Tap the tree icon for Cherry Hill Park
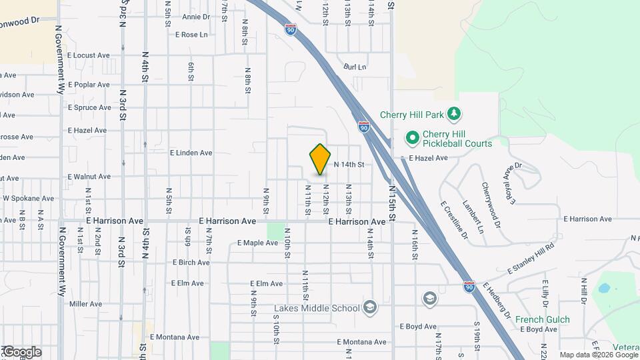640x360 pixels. (454, 114)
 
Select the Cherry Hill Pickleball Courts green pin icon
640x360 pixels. (412, 139)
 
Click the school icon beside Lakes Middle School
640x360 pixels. (370, 307)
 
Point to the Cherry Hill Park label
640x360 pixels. (411, 115)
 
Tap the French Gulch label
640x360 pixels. (542, 319)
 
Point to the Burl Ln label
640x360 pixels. (355, 67)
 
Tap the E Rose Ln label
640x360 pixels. (191, 35)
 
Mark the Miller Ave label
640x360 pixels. (85, 304)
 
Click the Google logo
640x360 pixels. (22, 352)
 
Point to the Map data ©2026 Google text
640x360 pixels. (598, 355)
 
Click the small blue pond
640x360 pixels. (604, 289)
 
